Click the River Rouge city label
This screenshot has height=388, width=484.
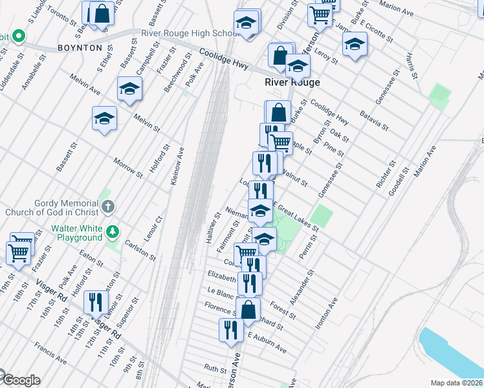pyautogui.click(x=292, y=82)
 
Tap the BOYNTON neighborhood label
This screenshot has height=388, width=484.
pyautogui.click(x=80, y=48)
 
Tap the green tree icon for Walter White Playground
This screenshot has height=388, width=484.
pyautogui.click(x=113, y=230)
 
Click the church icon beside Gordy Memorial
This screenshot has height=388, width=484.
pyautogui.click(x=108, y=208)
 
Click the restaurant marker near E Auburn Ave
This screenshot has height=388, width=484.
pyautogui.click(x=231, y=330)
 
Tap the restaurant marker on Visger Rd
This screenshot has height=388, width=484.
pyautogui.click(x=96, y=303)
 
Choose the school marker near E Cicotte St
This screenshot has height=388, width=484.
pyautogui.click(x=355, y=45)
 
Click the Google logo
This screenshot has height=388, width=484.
pyautogui.click(x=21, y=380)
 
